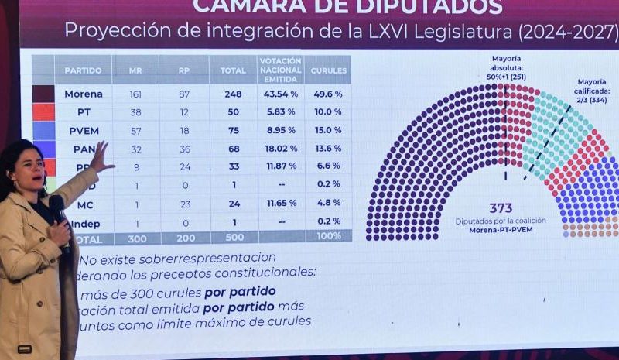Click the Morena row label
(x=83, y=94)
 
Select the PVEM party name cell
(x=84, y=130)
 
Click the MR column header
(x=135, y=70)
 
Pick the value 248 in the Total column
(x=232, y=94)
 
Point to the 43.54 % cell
(x=280, y=94)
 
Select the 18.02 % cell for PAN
(x=280, y=148)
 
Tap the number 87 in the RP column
(x=183, y=94)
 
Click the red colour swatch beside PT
(x=44, y=112)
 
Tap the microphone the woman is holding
(x=58, y=208)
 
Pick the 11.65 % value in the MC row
(x=280, y=203)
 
